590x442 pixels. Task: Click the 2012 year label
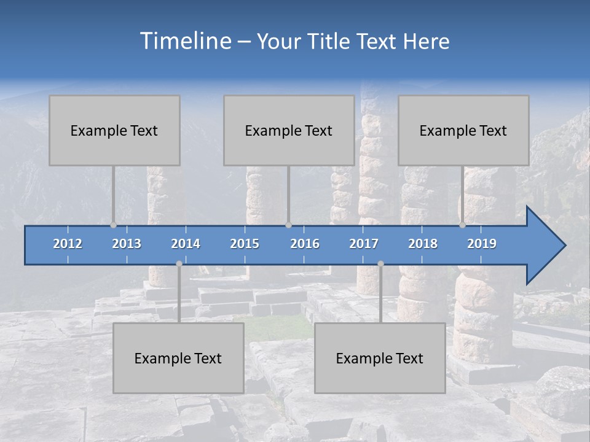[x=68, y=244]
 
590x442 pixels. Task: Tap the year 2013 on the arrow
[x=127, y=244]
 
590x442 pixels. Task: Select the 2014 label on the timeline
[x=186, y=244]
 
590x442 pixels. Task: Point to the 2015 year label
[x=245, y=244]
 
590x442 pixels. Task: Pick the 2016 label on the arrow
[x=305, y=244]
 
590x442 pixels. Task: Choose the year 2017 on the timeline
[x=364, y=244]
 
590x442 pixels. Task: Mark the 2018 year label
[x=423, y=244]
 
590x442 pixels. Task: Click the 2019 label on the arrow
[x=482, y=244]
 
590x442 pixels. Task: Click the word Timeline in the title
[x=186, y=41]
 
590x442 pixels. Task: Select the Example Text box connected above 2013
[x=114, y=130]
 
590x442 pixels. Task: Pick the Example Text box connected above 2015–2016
[x=289, y=130]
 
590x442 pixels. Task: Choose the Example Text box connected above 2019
[x=463, y=130]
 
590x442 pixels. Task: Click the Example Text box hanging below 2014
[x=178, y=358]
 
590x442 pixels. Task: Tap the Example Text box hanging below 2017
[x=380, y=358]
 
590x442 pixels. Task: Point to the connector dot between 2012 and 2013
[x=113, y=225]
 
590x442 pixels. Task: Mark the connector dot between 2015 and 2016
[x=288, y=225]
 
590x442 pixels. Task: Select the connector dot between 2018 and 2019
[x=462, y=225]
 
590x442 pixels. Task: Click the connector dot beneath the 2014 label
[x=179, y=264]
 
